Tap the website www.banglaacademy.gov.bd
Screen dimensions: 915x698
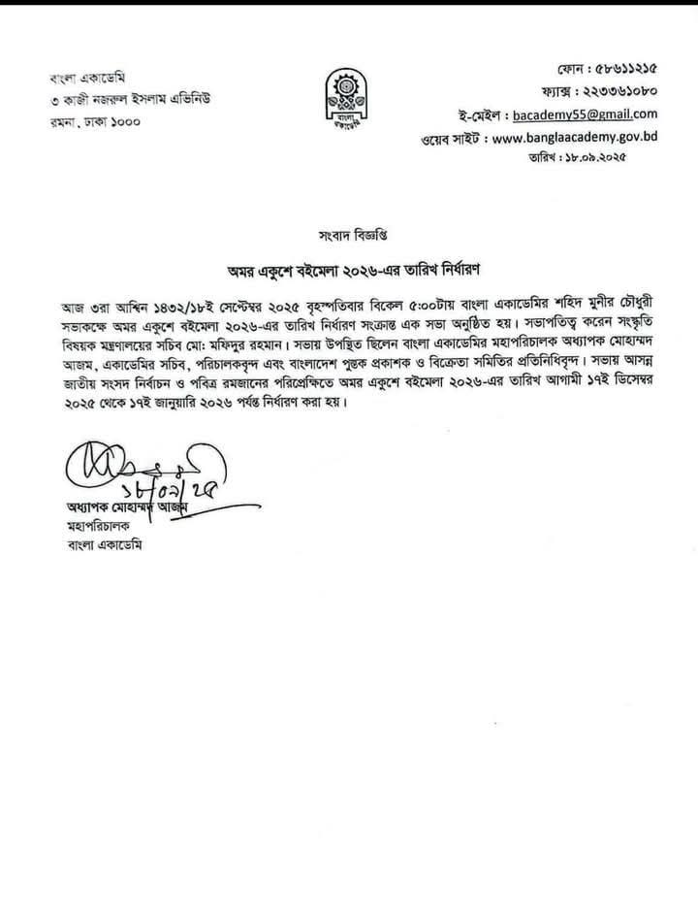pos(575,137)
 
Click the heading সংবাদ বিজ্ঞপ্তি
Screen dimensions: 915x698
pos(348,236)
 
